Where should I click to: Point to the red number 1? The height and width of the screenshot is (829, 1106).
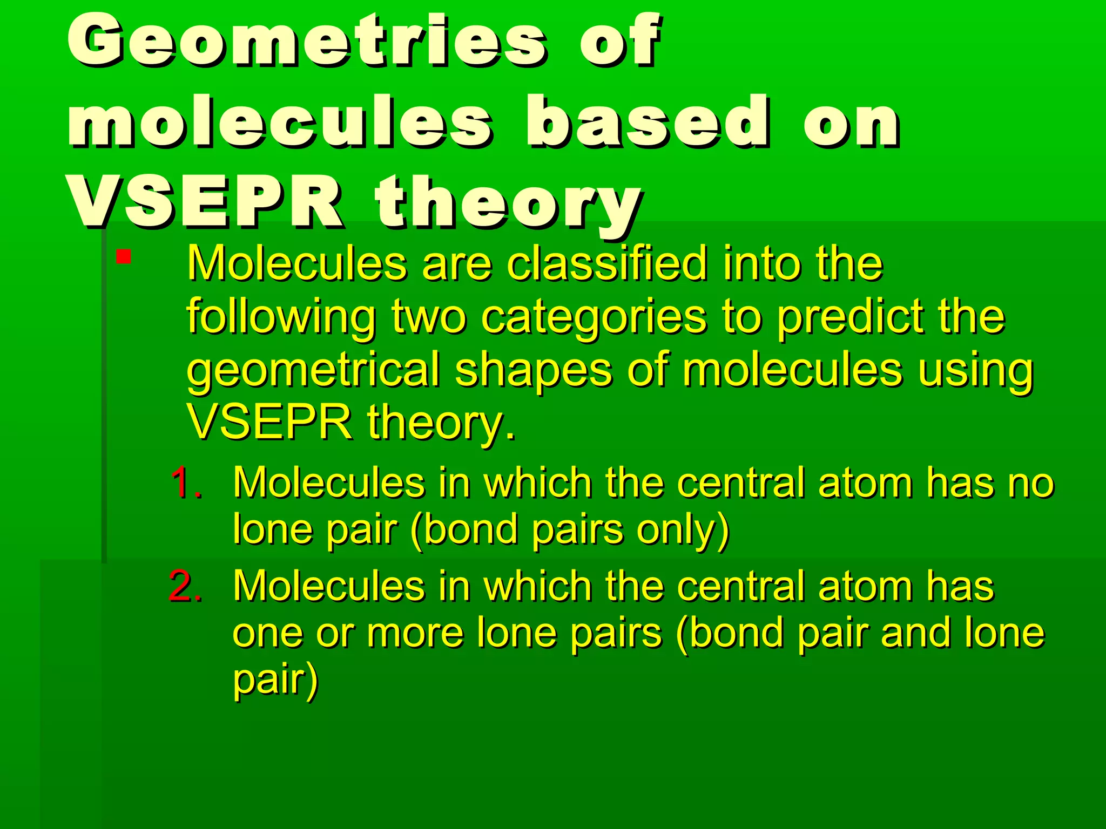[x=186, y=482]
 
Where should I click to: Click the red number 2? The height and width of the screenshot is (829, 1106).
[x=186, y=586]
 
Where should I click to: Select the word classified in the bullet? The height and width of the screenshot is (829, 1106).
[x=607, y=264]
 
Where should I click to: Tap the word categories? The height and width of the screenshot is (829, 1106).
[x=594, y=318]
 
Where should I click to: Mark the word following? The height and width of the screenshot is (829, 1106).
[x=281, y=318]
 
